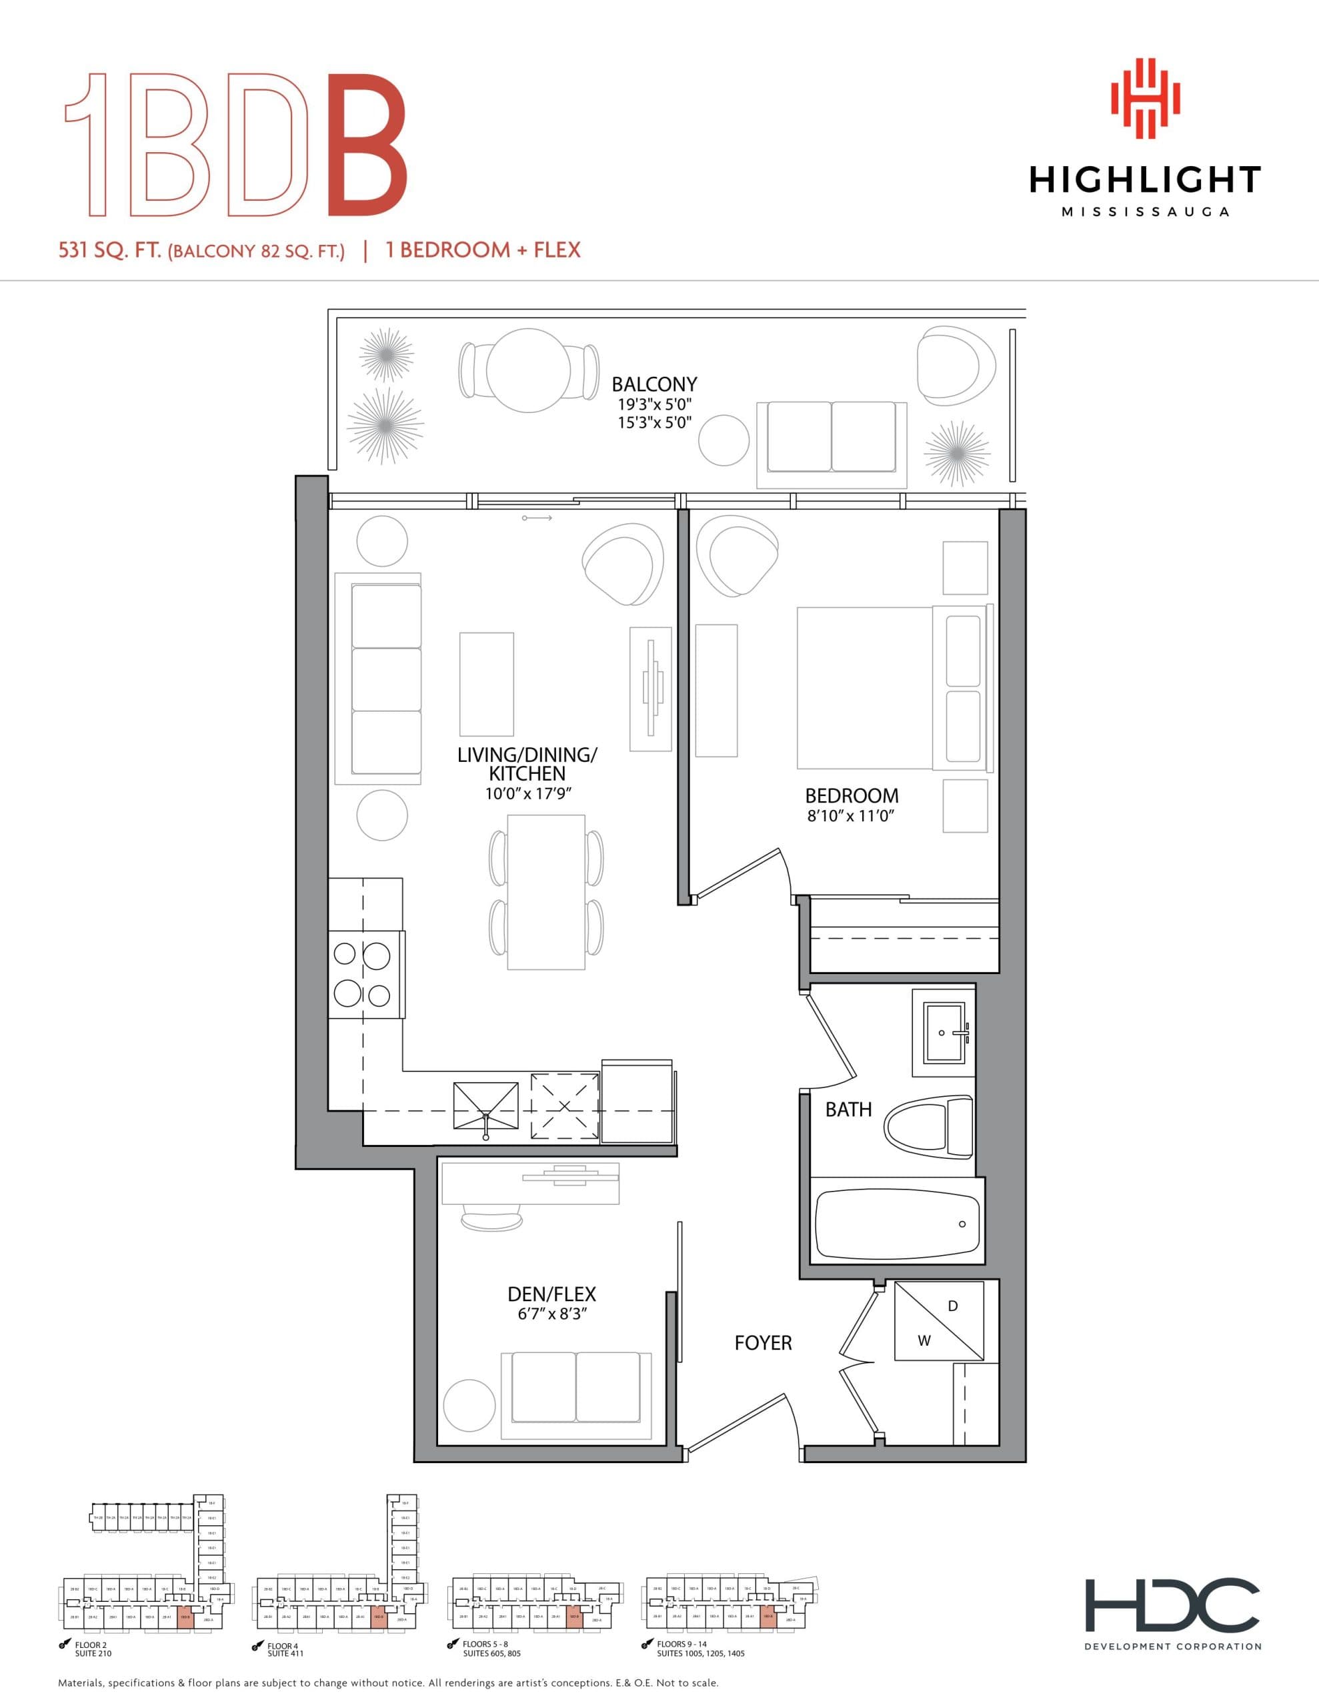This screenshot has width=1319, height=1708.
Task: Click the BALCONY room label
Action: [x=654, y=384]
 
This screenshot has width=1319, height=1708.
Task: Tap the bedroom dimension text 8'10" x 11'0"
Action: [x=851, y=817]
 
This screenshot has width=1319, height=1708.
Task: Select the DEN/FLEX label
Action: [x=551, y=1294]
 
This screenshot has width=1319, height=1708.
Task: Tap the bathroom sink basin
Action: [x=944, y=1032]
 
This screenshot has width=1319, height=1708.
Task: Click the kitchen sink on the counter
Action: [x=485, y=1104]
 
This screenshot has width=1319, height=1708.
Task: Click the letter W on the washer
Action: [x=924, y=1341]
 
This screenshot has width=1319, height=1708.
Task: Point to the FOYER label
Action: [x=762, y=1344]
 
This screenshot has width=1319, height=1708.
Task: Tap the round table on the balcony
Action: [x=529, y=370]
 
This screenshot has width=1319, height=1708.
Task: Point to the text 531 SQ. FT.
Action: [x=109, y=251]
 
